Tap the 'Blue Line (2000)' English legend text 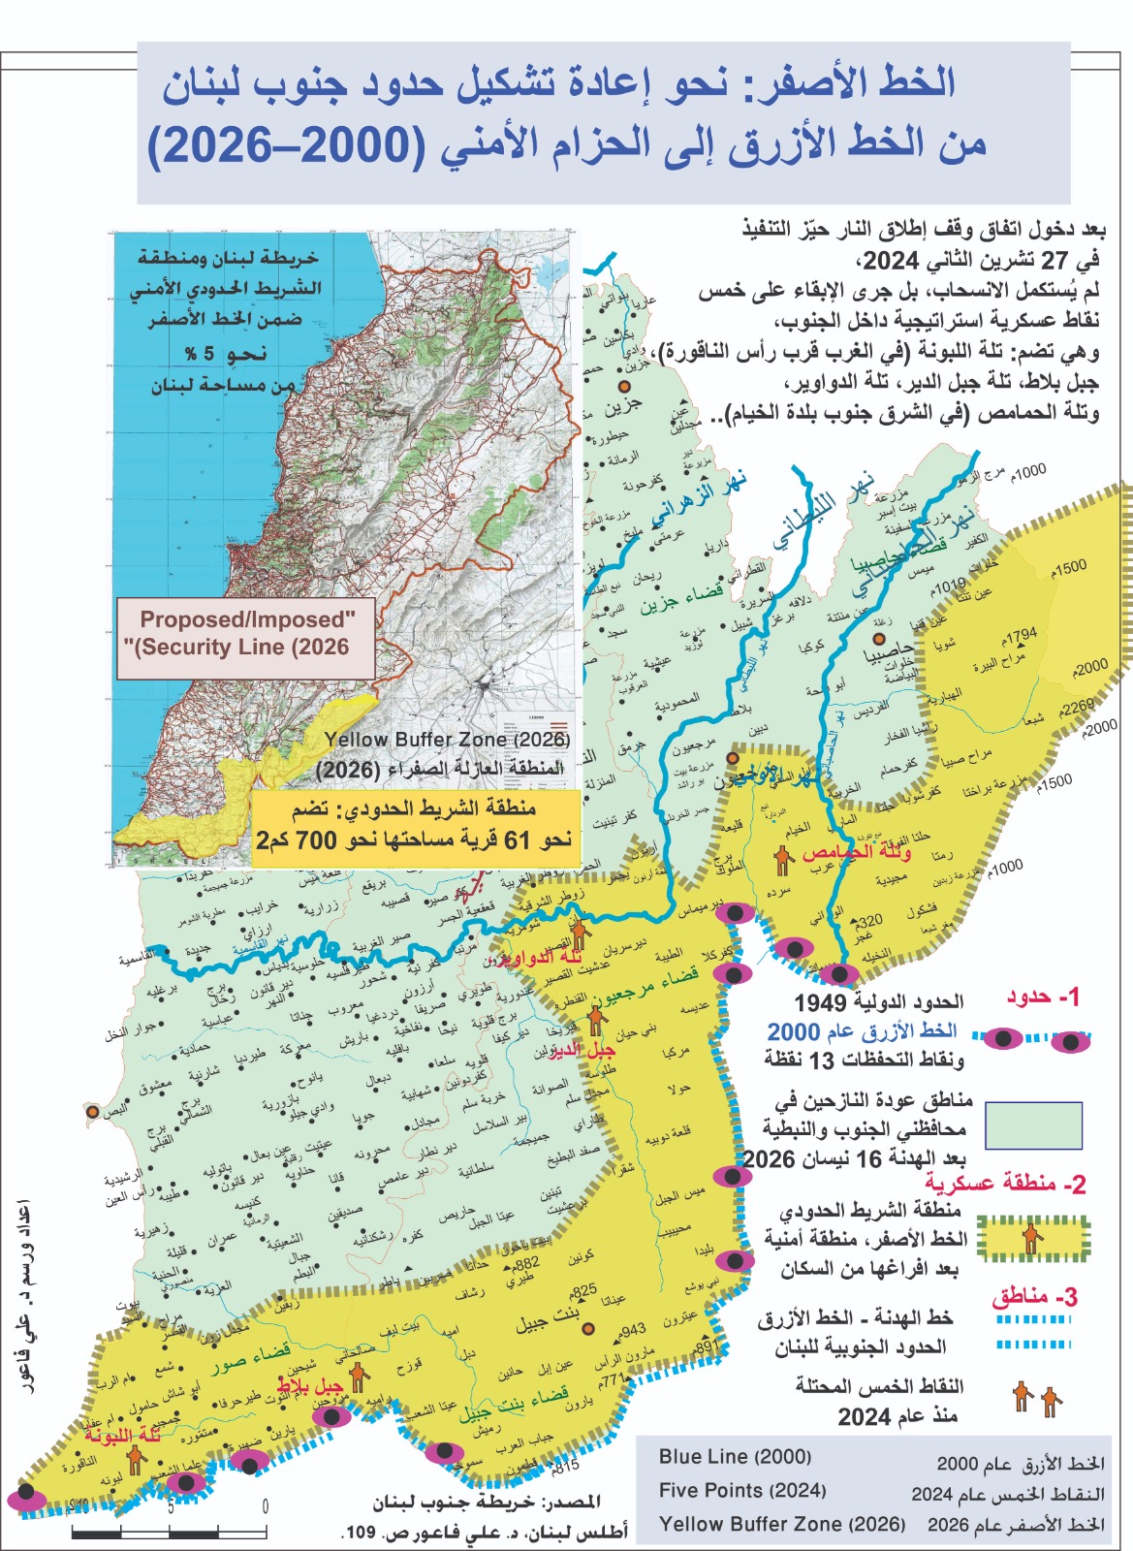pos(735,1457)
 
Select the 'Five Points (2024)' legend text pos(742,1491)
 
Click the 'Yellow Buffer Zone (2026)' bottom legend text pos(781,1524)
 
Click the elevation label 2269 pos(1077,707)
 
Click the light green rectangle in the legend pos(1033,1125)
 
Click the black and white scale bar pos(169,1533)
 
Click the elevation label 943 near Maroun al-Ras pos(633,1330)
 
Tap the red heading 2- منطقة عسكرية pos(1005,1184)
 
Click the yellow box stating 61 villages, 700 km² pos(415,827)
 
